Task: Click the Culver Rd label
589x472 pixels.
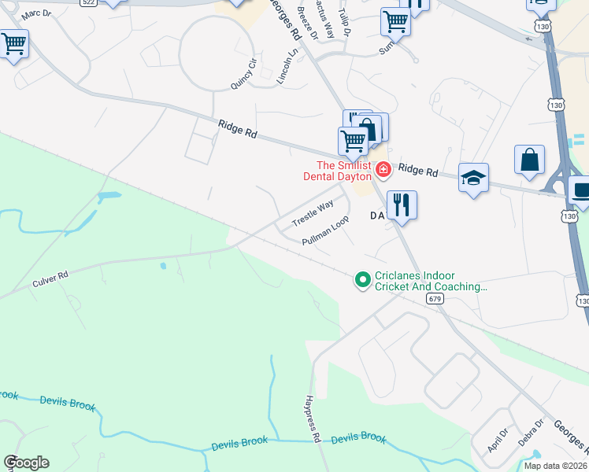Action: click(50, 278)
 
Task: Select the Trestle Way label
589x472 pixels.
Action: click(313, 214)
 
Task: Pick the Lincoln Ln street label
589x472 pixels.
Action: click(288, 66)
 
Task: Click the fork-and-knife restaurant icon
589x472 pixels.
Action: click(402, 205)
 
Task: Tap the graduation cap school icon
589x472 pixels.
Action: click(473, 178)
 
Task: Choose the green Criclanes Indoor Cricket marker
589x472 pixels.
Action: click(362, 279)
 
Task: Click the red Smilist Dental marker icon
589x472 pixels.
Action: click(383, 169)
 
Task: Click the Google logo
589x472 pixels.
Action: click(26, 463)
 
